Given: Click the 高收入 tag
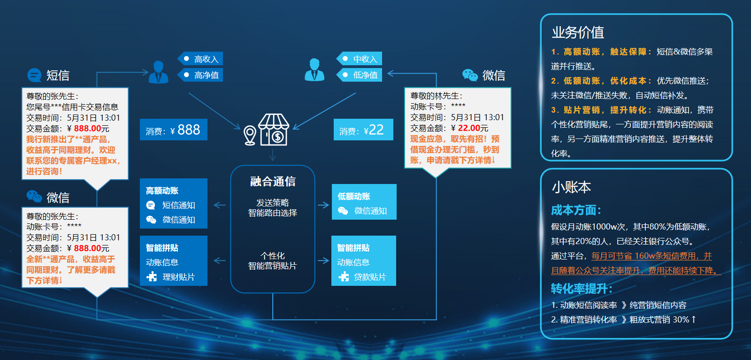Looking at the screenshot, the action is [200, 59].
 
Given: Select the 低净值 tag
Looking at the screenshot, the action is [359, 75].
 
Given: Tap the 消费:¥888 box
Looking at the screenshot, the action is [173, 130].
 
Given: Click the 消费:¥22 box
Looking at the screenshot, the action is [363, 130].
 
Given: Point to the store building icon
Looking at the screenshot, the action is [274, 130].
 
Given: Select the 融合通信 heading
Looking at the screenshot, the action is [273, 181].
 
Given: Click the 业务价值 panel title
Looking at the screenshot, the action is [578, 32].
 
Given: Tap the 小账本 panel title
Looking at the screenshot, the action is [571, 187].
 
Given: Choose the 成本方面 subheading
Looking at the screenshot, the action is [576, 210].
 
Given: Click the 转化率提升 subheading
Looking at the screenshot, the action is [582, 289].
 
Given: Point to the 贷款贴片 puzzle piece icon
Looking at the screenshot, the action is [344, 276].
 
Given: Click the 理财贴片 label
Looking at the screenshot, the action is [178, 277].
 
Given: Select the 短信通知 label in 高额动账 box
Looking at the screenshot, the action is [179, 205].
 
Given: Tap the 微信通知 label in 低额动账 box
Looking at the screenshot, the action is [370, 211].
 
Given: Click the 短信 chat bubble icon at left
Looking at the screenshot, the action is [34, 75].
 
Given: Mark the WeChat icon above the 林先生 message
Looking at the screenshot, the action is [470, 75].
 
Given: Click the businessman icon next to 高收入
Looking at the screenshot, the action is [158, 72].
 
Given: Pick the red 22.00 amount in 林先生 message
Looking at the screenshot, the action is [469, 128].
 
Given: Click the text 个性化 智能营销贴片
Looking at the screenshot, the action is [273, 261].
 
